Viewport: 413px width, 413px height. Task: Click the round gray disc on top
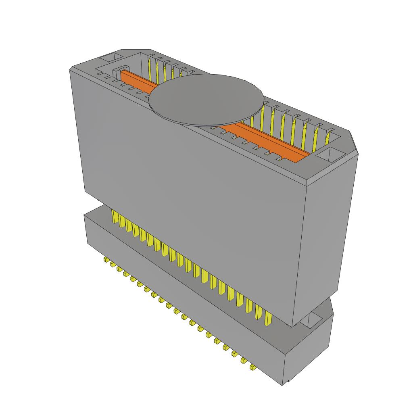(206, 99)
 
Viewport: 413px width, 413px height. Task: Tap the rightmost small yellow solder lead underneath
(252, 367)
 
